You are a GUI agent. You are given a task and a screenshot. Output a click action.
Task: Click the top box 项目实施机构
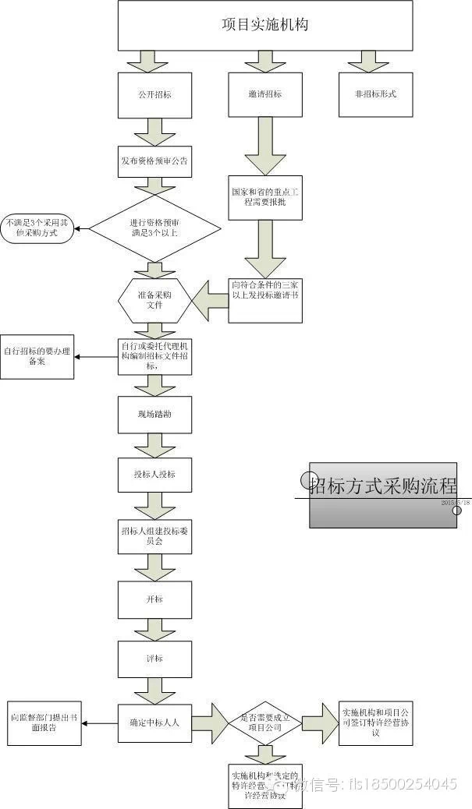[x=264, y=25]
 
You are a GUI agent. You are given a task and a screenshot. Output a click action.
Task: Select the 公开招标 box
[x=154, y=95]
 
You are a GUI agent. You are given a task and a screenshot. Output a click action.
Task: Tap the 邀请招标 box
[x=264, y=95]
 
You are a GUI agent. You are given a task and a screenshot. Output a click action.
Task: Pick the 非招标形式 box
[x=375, y=95]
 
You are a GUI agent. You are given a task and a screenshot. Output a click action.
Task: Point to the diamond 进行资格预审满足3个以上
[x=154, y=228]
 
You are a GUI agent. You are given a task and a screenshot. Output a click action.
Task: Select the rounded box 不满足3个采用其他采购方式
[x=37, y=228]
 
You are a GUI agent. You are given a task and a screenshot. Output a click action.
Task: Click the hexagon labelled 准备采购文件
[x=154, y=300]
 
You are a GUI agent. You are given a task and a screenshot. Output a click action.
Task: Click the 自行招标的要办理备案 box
[x=37, y=357]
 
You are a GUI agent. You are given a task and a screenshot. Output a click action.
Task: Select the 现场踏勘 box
[x=154, y=415]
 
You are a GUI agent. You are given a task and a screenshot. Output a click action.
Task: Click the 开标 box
[x=154, y=599]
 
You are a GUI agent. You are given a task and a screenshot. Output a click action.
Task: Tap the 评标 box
[x=154, y=659]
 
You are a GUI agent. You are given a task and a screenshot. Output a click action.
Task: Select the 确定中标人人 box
[x=154, y=722]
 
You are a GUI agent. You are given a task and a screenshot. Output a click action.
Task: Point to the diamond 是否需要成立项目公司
[x=264, y=722]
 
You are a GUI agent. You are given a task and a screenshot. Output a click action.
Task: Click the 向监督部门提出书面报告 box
[x=44, y=722]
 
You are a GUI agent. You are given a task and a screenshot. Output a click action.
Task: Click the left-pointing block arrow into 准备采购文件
[x=209, y=300]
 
